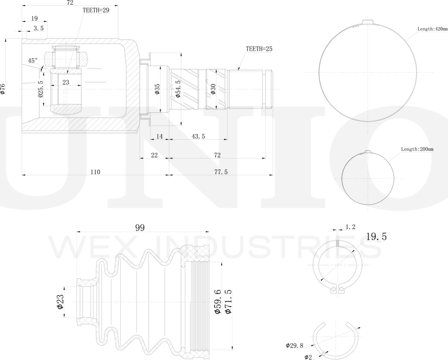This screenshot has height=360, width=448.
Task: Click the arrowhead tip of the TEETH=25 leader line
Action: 238,70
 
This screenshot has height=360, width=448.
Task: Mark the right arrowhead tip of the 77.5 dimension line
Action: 273,175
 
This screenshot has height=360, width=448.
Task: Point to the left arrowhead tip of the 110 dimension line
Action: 22,175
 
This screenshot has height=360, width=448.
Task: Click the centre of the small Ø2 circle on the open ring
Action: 323,354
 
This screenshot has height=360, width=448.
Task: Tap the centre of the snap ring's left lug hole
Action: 333,289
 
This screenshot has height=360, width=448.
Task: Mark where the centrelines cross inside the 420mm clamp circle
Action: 367,73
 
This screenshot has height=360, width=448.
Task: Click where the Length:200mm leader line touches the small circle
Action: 388,163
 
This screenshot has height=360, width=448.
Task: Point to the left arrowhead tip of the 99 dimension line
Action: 77,232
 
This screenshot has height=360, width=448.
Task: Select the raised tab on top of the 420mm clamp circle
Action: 367,22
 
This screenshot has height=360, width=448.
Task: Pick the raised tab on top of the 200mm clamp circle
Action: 367,152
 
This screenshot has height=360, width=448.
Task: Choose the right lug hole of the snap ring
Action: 341,289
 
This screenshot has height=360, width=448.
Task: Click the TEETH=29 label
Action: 96,10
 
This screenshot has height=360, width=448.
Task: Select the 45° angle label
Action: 33,61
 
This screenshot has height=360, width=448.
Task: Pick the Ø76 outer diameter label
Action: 3,89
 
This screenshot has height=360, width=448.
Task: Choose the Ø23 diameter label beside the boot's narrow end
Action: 60,302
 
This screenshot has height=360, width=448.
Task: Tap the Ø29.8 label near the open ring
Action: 294,345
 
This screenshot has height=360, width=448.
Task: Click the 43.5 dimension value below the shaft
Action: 198,137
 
